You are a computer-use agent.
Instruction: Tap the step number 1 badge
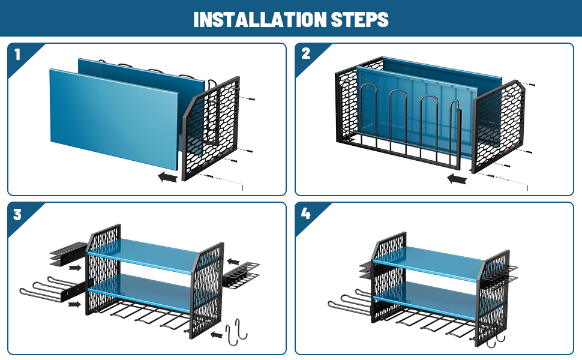(x=17, y=55)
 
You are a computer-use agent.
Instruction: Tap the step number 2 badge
(x=306, y=54)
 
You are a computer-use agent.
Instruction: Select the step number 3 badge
(x=17, y=214)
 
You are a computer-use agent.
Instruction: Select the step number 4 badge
(x=306, y=214)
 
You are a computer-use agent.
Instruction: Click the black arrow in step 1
(x=167, y=177)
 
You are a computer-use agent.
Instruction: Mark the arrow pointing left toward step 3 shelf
(x=235, y=261)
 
